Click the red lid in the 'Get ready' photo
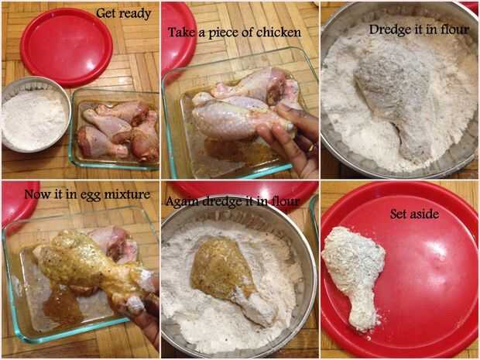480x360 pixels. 67,46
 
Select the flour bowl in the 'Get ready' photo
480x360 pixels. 35,115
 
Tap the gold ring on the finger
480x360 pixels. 311,149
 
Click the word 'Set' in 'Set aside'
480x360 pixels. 399,214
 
